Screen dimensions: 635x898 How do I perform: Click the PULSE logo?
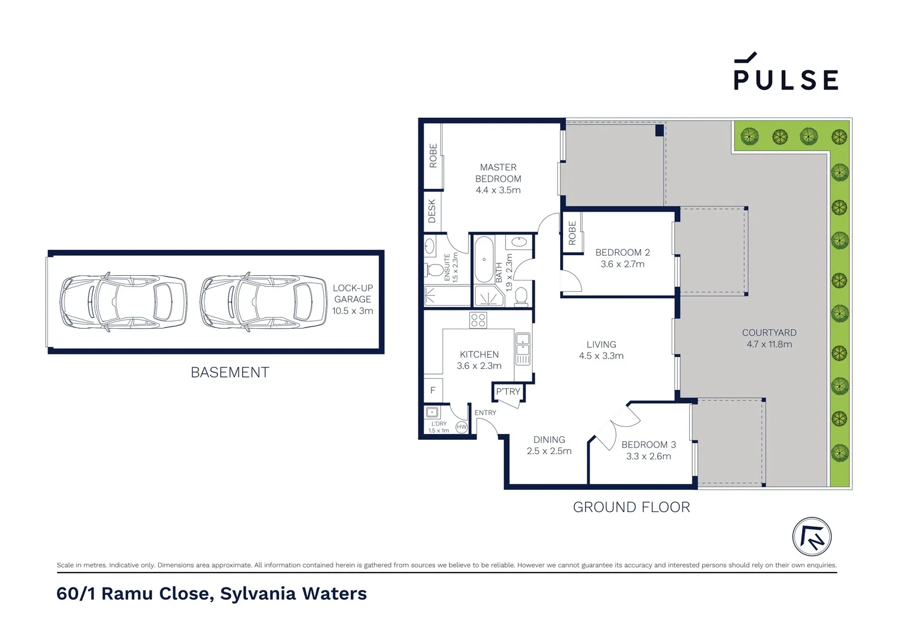click(x=785, y=73)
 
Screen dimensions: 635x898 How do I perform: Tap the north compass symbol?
click(x=812, y=537)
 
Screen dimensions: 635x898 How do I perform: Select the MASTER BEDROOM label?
click(x=498, y=173)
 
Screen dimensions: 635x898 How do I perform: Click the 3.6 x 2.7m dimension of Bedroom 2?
click(x=622, y=265)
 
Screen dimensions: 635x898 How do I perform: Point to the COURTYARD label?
click(x=769, y=333)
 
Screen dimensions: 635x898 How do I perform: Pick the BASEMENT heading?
click(x=230, y=373)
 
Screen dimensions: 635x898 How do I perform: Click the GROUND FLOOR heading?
click(x=631, y=507)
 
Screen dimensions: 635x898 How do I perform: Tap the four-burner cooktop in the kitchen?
click(x=478, y=320)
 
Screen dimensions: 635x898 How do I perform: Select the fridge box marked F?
click(x=433, y=390)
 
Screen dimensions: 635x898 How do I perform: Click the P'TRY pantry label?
click(x=508, y=392)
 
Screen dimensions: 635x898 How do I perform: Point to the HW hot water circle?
click(x=461, y=427)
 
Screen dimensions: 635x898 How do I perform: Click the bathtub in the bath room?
click(x=484, y=260)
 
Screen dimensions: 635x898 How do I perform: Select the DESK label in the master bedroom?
click(x=433, y=211)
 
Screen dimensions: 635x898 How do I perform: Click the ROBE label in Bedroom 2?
click(x=572, y=233)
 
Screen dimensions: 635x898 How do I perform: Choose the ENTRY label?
click(x=485, y=413)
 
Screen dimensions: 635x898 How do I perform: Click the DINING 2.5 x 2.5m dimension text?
click(x=549, y=452)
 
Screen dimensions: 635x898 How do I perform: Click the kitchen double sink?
click(x=522, y=349)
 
